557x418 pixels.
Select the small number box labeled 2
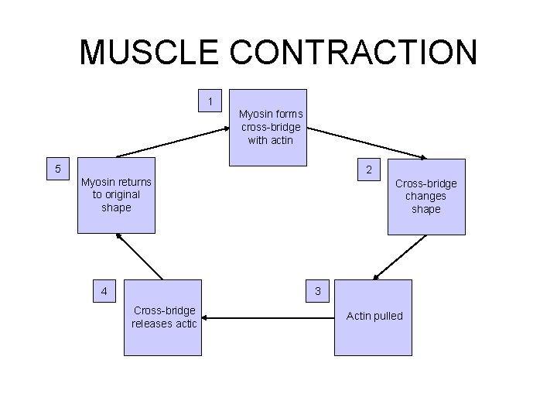(x=369, y=170)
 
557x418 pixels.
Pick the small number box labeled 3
(x=316, y=291)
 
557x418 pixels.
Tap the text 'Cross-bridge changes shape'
(x=425, y=196)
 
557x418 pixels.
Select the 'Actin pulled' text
(x=374, y=316)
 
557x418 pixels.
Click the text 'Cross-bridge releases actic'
(x=164, y=317)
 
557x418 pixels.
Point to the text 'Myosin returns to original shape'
(x=116, y=194)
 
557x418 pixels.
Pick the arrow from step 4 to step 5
(x=140, y=257)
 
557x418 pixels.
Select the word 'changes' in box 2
(x=425, y=196)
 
